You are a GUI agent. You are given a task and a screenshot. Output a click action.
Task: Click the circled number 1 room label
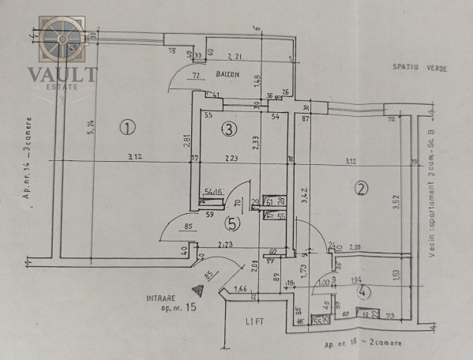point(127,126)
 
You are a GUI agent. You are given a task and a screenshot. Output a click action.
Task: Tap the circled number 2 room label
point(362,189)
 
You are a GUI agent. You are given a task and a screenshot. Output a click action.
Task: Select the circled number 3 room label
point(228,128)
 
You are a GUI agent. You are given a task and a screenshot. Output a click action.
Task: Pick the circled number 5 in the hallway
point(231,224)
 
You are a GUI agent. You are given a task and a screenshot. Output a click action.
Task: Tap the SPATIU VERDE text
point(419,69)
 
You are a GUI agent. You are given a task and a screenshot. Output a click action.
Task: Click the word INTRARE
point(161,298)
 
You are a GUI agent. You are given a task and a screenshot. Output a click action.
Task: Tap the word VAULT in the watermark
point(63,75)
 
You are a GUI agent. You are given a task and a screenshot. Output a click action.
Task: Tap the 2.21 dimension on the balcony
point(235,56)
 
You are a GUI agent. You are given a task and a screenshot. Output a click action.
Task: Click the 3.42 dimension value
point(304,193)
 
